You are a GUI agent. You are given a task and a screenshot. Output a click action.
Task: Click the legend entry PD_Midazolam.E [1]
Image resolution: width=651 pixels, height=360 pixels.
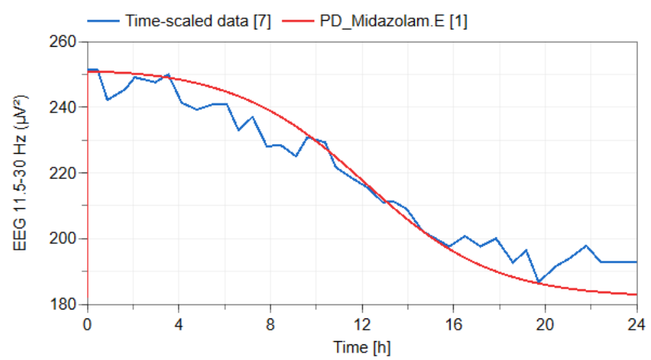click(x=394, y=21)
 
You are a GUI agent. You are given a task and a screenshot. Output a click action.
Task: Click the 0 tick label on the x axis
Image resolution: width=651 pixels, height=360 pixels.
click(x=88, y=322)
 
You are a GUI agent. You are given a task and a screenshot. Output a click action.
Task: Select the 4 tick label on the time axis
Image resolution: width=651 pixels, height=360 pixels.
click(x=179, y=322)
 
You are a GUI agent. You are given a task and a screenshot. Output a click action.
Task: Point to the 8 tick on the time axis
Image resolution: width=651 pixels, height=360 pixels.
click(x=271, y=322)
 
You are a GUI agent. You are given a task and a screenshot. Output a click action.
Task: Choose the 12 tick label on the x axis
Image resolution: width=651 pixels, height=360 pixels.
click(x=362, y=322)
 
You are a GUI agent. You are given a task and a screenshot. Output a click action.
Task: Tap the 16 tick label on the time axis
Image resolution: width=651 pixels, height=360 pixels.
click(x=454, y=322)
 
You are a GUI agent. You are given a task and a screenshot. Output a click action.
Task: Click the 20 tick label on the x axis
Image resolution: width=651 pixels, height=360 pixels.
click(x=545, y=322)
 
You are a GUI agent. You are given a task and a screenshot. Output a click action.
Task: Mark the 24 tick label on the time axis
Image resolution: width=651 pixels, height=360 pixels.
click(x=636, y=322)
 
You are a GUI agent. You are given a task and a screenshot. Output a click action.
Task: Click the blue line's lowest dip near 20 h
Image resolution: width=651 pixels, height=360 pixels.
click(x=538, y=282)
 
